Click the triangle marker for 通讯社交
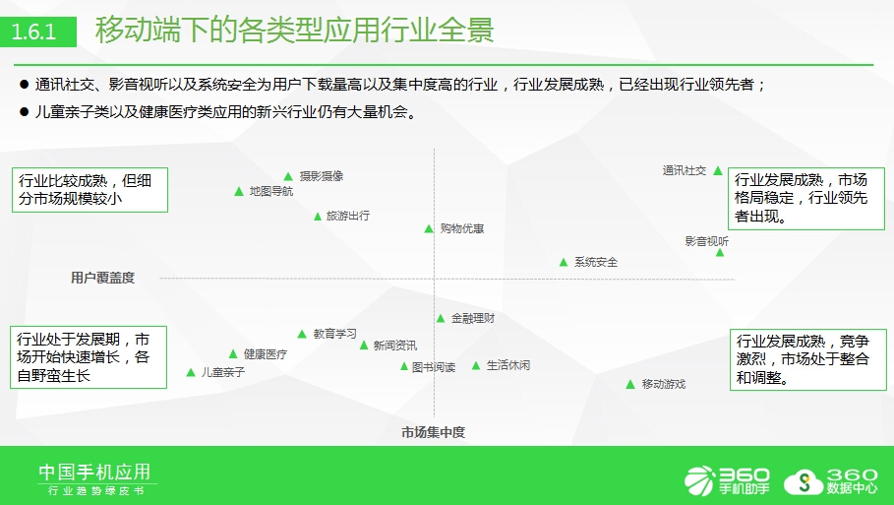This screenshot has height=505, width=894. point(718,170)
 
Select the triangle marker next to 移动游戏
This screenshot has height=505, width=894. point(630,385)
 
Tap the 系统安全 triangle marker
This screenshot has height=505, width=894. point(564,263)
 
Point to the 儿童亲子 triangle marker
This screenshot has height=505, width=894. point(191,373)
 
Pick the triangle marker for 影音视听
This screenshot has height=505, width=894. point(720,252)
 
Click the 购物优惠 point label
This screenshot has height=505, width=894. point(462,228)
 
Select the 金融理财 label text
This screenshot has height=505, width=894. point(473,318)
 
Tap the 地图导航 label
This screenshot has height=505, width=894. point(271,191)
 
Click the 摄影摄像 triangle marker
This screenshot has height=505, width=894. point(288,177)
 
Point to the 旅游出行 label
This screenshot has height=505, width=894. point(348,216)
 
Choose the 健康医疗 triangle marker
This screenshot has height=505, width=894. point(233,354)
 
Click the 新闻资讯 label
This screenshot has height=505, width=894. point(395,346)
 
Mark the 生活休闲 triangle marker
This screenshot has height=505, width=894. point(476,366)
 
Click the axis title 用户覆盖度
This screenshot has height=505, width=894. point(102,278)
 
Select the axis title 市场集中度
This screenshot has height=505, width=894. point(434,432)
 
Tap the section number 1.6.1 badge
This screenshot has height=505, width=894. point(37,32)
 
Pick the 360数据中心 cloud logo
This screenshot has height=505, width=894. point(831,481)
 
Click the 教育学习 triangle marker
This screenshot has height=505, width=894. point(302,335)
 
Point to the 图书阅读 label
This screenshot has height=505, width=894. point(434,367)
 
